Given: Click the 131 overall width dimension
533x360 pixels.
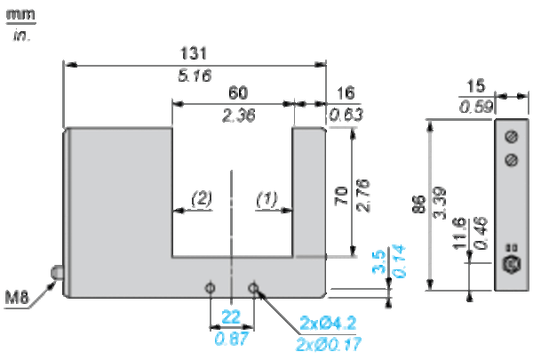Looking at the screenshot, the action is point(193,53).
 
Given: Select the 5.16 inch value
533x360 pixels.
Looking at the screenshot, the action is point(195,76).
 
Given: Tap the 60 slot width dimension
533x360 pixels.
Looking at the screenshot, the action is point(238,92).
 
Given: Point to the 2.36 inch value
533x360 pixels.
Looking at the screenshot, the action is point(239,116).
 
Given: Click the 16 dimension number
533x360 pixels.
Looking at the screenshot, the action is point(346,93).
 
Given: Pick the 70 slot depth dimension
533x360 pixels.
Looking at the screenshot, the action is point(341,196).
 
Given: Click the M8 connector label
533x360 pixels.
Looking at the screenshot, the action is point(16,298).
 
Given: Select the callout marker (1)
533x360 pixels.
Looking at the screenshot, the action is point(266,199).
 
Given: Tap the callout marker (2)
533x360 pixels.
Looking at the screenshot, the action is point(202,198).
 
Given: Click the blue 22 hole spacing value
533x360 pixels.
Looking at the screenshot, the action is point(231,317).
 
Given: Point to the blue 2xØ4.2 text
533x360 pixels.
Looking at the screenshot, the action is point(328,323).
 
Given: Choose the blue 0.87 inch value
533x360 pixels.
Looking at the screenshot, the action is point(231,339).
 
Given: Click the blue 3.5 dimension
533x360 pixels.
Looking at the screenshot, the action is point(379,261).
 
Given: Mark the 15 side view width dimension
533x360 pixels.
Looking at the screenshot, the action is point(475,86).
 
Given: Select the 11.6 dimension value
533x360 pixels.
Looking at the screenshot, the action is point(459,233).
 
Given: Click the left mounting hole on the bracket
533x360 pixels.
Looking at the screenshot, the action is point(211,288).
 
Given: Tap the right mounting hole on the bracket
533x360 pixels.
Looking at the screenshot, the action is point(253,288).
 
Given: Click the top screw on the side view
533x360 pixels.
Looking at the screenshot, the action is point(512,137).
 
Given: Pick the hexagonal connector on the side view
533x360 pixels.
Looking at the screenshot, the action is point(512,263).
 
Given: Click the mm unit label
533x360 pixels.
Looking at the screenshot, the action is point(20,14).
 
